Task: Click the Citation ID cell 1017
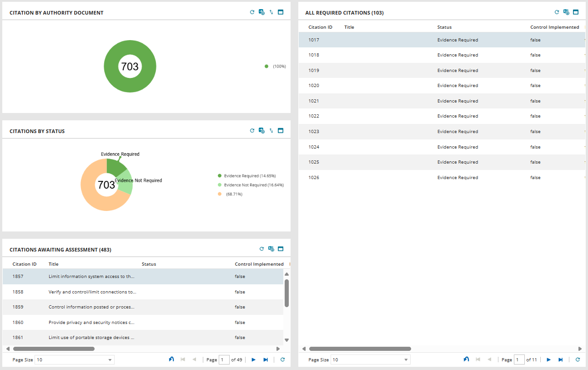pyautogui.click(x=314, y=40)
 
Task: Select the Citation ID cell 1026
pyautogui.click(x=314, y=178)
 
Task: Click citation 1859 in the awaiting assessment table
pyautogui.click(x=18, y=307)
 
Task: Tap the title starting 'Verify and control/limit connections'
pyautogui.click(x=92, y=292)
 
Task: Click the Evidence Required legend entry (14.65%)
pyautogui.click(x=250, y=176)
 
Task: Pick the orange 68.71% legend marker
pyautogui.click(x=220, y=194)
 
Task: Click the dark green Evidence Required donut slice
pyautogui.click(x=116, y=166)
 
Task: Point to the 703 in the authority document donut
pyautogui.click(x=130, y=67)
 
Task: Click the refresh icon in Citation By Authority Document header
pyautogui.click(x=252, y=12)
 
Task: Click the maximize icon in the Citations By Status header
pyautogui.click(x=281, y=131)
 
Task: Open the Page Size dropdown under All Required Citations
pyautogui.click(x=370, y=360)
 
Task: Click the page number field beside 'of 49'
pyautogui.click(x=224, y=360)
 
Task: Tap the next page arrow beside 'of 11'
pyautogui.click(x=549, y=360)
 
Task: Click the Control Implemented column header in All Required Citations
pyautogui.click(x=554, y=27)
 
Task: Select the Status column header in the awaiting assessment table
pyautogui.click(x=149, y=264)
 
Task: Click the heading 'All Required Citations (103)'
pyautogui.click(x=344, y=13)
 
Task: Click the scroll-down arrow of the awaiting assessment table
pyautogui.click(x=286, y=340)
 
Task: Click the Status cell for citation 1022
pyautogui.click(x=457, y=116)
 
